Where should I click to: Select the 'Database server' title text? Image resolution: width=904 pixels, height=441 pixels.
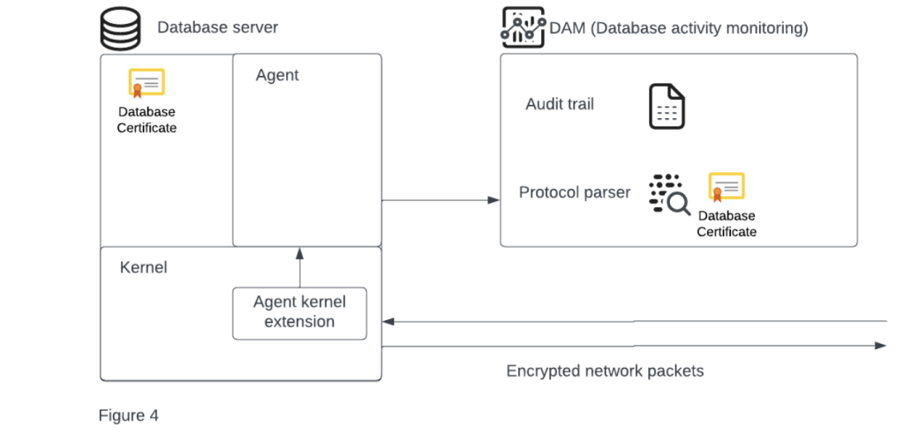(x=217, y=27)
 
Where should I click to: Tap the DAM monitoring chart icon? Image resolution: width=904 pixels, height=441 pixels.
(x=523, y=27)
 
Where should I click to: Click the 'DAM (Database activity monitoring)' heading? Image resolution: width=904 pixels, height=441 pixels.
(x=678, y=28)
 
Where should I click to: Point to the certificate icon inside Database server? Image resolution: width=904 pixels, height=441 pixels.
(x=147, y=84)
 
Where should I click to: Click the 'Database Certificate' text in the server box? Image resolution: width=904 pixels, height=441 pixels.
(x=147, y=120)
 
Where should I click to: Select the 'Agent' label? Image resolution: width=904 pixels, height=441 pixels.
(x=277, y=76)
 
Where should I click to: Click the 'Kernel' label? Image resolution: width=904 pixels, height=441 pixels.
(x=143, y=267)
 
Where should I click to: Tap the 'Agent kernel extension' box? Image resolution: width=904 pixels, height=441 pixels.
(x=299, y=312)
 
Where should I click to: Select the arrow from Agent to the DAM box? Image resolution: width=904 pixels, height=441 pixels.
(x=441, y=200)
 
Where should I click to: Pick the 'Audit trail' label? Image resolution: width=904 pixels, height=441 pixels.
(x=560, y=104)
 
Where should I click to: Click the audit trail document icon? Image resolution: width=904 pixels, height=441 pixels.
(x=667, y=107)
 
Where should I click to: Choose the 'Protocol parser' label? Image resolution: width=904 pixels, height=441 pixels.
(x=574, y=192)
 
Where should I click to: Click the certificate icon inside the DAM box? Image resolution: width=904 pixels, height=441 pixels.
(x=727, y=188)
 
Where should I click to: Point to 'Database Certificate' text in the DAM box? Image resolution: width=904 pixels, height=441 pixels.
(x=727, y=223)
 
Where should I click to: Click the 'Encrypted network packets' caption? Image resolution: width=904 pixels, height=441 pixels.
(x=605, y=370)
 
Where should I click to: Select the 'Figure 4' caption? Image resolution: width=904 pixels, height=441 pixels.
(x=129, y=415)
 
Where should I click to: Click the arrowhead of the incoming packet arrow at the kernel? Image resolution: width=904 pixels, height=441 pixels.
(x=388, y=322)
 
